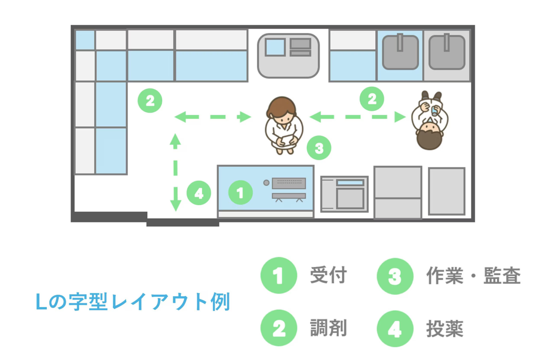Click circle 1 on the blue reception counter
pos(240,192)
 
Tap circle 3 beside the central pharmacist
pos(319,148)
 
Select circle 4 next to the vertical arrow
pos(199,193)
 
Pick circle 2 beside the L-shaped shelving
pos(150,101)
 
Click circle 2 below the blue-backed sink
pos(372,99)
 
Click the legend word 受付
pos(328,275)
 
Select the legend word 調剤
pos(328,328)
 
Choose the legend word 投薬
pos(445,329)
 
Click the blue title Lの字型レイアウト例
pos(133,302)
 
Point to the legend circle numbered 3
pos(395,276)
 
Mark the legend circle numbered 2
pos(279,328)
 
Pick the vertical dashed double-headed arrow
pos(175,172)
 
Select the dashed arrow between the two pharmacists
pos(357,117)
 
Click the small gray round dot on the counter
pos(266,183)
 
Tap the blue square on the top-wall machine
pos(276,47)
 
